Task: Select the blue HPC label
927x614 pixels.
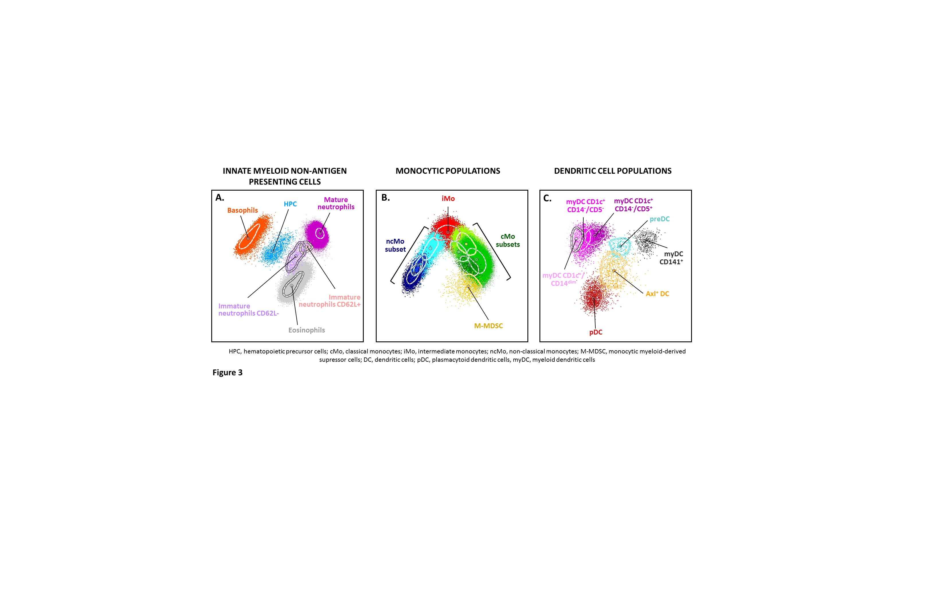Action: coord(290,204)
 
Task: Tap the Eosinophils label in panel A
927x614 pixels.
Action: coord(306,330)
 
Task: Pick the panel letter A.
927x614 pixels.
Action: coord(220,197)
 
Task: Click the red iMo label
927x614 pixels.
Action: coord(448,199)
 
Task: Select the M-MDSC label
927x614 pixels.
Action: coord(488,326)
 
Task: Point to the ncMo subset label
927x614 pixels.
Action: coord(395,245)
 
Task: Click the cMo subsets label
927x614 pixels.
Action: coord(508,240)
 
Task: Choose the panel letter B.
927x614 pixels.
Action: coord(386,197)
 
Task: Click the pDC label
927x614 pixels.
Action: coord(596,332)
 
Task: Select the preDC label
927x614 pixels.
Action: coord(660,219)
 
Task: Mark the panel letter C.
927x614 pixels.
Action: coord(547,198)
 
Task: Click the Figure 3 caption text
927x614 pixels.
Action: coord(227,372)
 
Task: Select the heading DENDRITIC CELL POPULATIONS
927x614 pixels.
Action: coord(613,171)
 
